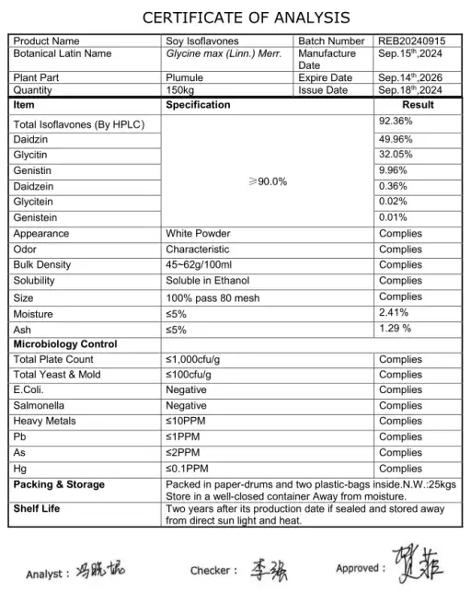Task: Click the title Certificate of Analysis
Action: point(235,17)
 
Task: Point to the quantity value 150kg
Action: point(180,90)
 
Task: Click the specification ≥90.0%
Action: point(269,181)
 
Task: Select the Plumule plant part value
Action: point(184,78)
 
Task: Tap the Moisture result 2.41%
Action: point(395,312)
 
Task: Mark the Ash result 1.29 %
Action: point(396,328)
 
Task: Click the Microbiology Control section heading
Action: point(65,344)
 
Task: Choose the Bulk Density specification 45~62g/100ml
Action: point(204,265)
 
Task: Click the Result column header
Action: point(418,105)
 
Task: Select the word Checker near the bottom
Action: point(213,571)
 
